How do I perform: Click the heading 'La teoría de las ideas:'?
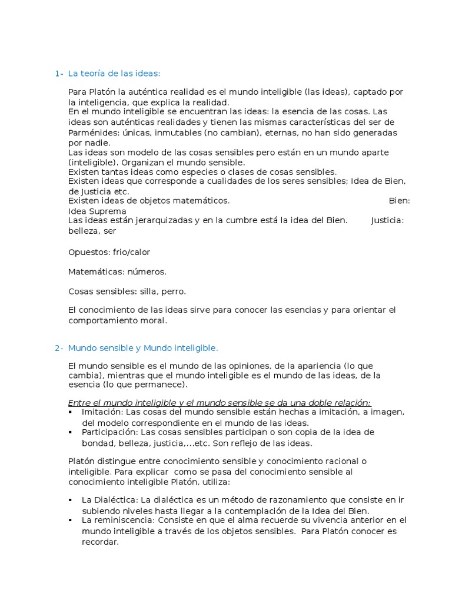[x=114, y=74]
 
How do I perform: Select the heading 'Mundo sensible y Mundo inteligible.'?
[x=143, y=348]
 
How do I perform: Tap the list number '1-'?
[x=59, y=74]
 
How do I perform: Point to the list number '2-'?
[x=59, y=348]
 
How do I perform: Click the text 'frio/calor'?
[x=132, y=253]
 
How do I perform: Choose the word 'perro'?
[x=174, y=291]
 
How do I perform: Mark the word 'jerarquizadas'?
[x=155, y=221]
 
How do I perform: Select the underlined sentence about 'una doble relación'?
[x=219, y=403]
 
